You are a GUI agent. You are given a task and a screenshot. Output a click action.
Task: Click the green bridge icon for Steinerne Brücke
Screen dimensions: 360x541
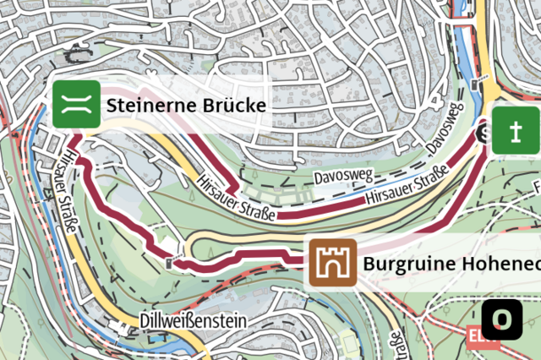click(x=77, y=105)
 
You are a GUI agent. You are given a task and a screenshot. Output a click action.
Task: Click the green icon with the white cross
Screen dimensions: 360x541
click(x=516, y=131)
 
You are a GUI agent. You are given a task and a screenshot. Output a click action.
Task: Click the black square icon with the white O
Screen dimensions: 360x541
click(x=503, y=319)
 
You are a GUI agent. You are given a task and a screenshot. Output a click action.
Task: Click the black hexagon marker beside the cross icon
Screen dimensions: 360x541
click(x=484, y=133)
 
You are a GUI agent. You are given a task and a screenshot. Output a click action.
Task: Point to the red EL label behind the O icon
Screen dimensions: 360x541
click(x=476, y=335)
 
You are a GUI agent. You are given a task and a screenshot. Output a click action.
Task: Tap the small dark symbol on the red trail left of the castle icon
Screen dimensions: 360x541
click(x=172, y=262)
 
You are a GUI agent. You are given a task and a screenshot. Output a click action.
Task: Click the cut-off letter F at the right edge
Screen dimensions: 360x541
click(x=536, y=184)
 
